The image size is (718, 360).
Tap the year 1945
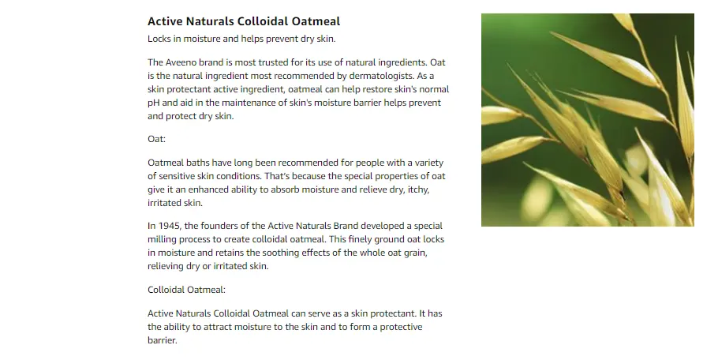click(x=169, y=226)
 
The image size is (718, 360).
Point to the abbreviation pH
click(x=153, y=103)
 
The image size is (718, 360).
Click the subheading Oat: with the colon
click(x=156, y=139)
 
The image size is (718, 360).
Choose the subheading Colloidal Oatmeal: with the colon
click(x=186, y=290)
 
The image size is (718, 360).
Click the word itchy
click(x=418, y=189)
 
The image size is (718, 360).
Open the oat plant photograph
click(x=588, y=120)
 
